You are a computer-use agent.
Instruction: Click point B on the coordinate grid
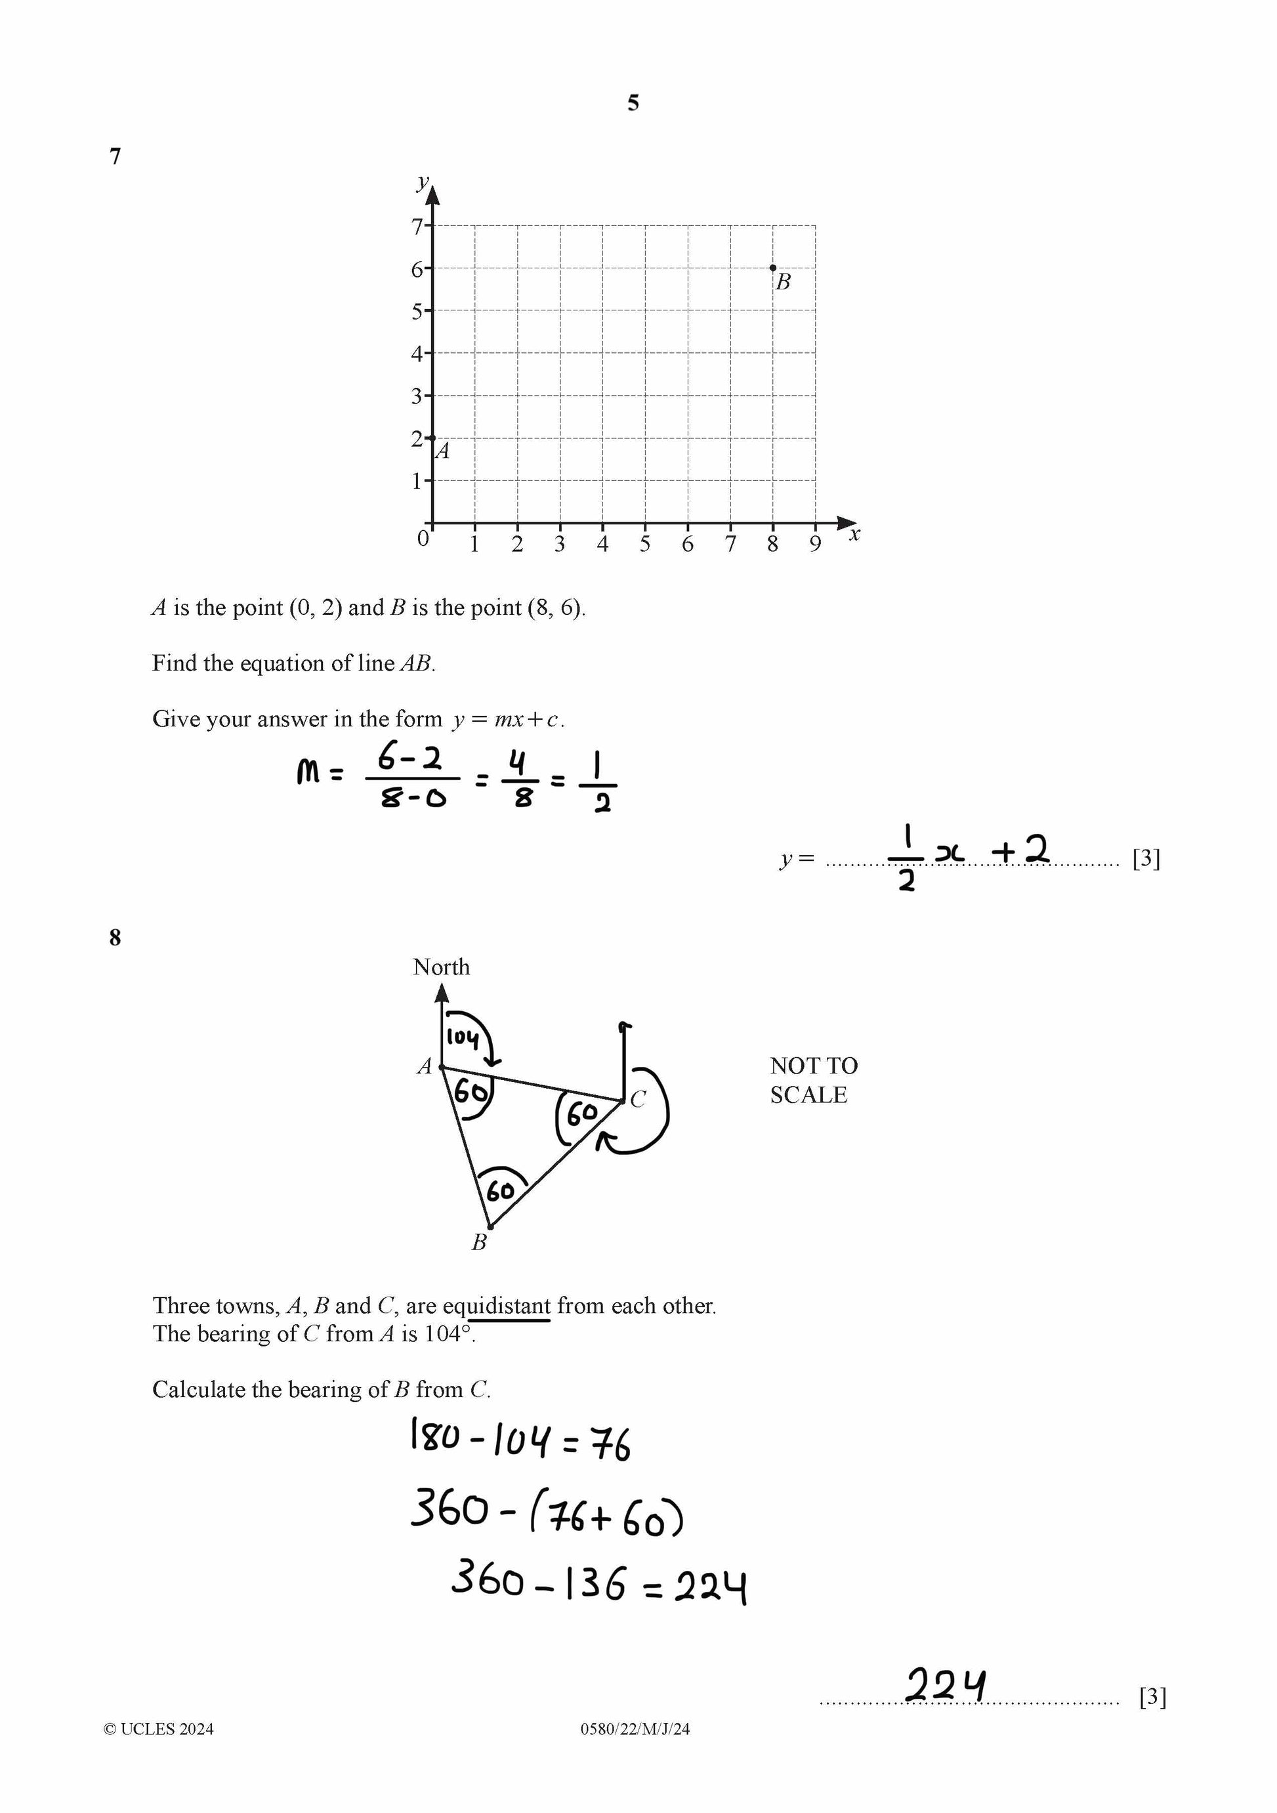point(772,268)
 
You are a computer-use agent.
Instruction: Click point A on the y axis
point(432,438)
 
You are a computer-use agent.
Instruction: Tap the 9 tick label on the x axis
point(815,544)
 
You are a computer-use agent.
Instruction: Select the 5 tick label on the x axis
point(645,544)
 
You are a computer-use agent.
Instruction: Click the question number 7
point(115,156)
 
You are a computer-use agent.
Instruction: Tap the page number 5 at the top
point(633,102)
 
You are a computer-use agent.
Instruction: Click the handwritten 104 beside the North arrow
point(463,1037)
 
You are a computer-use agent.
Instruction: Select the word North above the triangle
point(441,967)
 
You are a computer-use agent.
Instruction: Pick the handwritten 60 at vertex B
point(501,1190)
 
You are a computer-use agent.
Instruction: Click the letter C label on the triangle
point(638,1099)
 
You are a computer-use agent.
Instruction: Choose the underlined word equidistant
point(497,1306)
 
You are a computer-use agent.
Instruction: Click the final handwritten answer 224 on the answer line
point(946,1685)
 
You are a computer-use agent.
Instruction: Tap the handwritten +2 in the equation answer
point(1020,850)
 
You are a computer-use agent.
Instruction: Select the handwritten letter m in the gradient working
point(308,772)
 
